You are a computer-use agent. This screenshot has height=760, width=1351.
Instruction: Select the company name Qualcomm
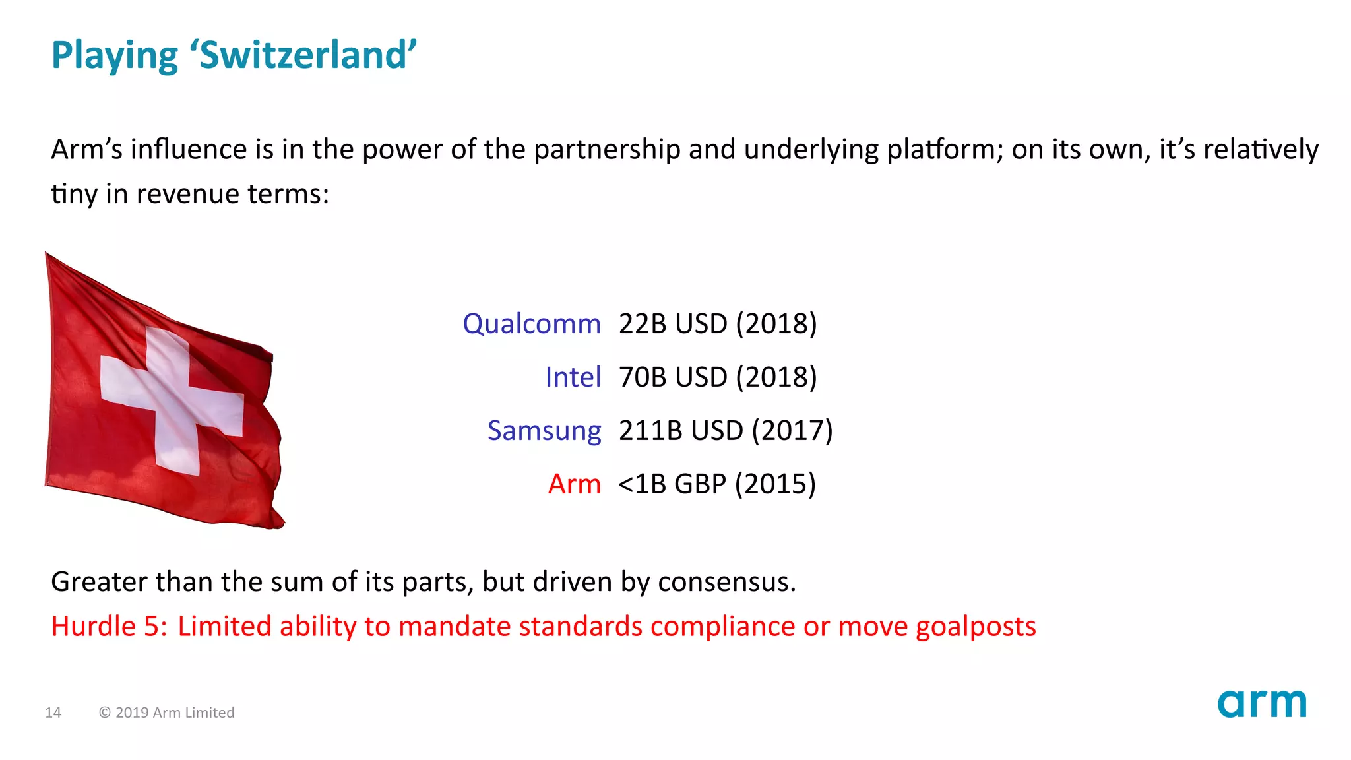(532, 324)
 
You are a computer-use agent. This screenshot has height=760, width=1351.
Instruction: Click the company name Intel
(573, 377)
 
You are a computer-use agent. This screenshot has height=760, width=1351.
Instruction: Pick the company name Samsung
(544, 431)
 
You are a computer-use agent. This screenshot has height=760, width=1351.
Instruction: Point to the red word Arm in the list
(574, 484)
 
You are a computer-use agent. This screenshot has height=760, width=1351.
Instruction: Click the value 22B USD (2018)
(718, 324)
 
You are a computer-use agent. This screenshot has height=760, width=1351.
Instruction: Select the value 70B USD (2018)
(718, 377)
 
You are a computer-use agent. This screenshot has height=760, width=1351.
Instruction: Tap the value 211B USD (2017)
(726, 431)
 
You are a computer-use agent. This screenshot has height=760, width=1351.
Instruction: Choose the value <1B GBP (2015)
(717, 484)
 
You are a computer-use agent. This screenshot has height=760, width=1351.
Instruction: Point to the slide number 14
(53, 712)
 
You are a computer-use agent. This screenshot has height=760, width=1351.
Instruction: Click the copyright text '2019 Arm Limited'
(174, 712)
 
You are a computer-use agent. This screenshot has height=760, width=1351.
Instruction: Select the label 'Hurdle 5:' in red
(109, 626)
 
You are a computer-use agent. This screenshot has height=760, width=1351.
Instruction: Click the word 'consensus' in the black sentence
(726, 583)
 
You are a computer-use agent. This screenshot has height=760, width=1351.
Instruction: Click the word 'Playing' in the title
(114, 56)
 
